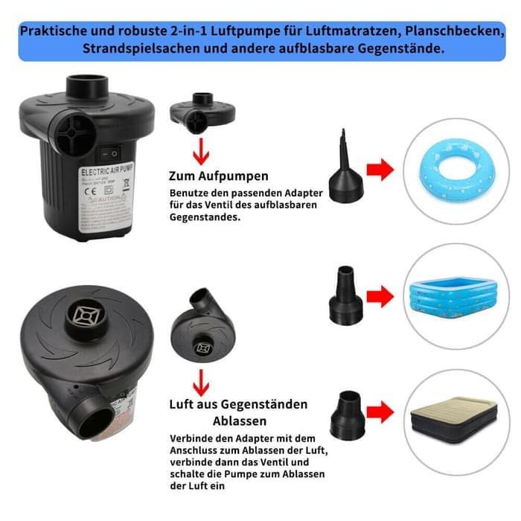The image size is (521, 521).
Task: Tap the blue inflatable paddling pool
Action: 453,295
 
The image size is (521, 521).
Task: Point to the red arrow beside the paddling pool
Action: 380,298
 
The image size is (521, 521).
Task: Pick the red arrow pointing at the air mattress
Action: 380,412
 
